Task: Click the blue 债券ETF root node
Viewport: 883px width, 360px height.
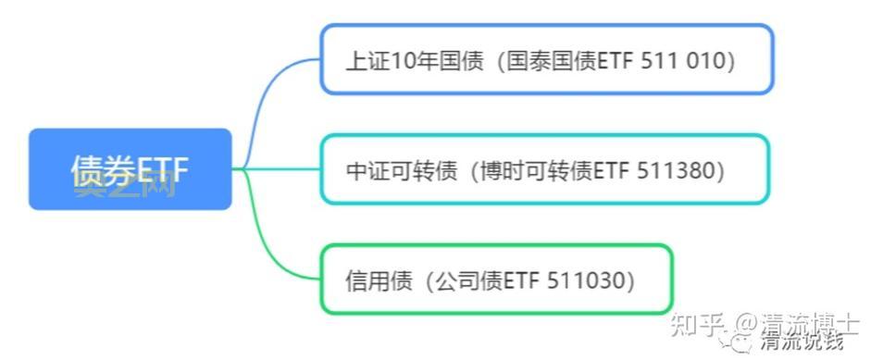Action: coord(130,169)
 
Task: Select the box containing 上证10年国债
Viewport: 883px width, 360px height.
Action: coord(546,59)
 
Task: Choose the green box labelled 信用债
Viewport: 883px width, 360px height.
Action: coord(495,279)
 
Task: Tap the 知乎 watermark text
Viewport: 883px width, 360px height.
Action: coord(695,324)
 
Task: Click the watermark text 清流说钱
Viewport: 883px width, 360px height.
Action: coord(802,342)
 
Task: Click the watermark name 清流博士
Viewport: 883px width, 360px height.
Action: coord(810,324)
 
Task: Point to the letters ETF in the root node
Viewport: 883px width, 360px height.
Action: coord(163,170)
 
